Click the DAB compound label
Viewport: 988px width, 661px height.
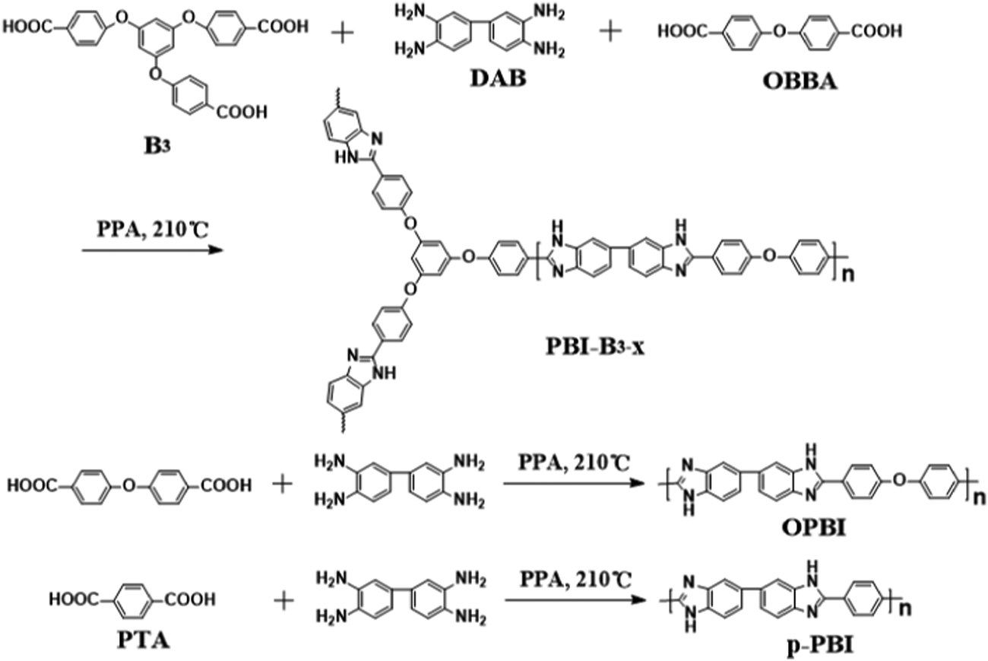[x=499, y=78]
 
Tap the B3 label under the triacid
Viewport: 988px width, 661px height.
[x=157, y=147]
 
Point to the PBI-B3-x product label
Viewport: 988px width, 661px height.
[x=595, y=347]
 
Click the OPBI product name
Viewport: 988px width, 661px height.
[x=814, y=527]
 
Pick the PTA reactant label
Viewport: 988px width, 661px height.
[x=144, y=640]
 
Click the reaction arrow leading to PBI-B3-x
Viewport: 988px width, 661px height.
[x=153, y=250]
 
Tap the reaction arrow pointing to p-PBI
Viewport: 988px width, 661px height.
[x=575, y=600]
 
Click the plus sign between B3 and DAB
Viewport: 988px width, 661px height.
[x=342, y=33]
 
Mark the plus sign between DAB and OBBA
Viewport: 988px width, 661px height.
[x=611, y=31]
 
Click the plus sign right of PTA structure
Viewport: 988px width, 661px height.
[x=283, y=601]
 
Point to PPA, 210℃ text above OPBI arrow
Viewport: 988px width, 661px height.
[x=575, y=462]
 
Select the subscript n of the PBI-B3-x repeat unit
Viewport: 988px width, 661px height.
[x=848, y=275]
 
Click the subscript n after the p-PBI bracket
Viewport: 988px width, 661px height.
[x=905, y=609]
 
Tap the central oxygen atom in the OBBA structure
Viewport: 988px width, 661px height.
[x=780, y=31]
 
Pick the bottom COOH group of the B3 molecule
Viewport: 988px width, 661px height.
[x=242, y=112]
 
